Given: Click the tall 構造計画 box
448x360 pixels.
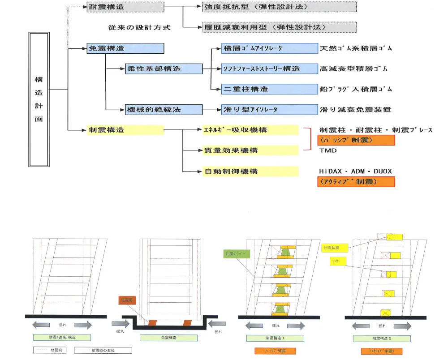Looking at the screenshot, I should pos(39,99).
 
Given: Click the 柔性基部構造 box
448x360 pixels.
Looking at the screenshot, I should pos(164,69).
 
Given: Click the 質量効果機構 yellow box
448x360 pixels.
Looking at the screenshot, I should pos(248,150).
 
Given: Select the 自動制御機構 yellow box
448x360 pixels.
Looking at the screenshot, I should pos(248,171).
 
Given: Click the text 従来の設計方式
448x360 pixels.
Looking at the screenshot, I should pos(139,27).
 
